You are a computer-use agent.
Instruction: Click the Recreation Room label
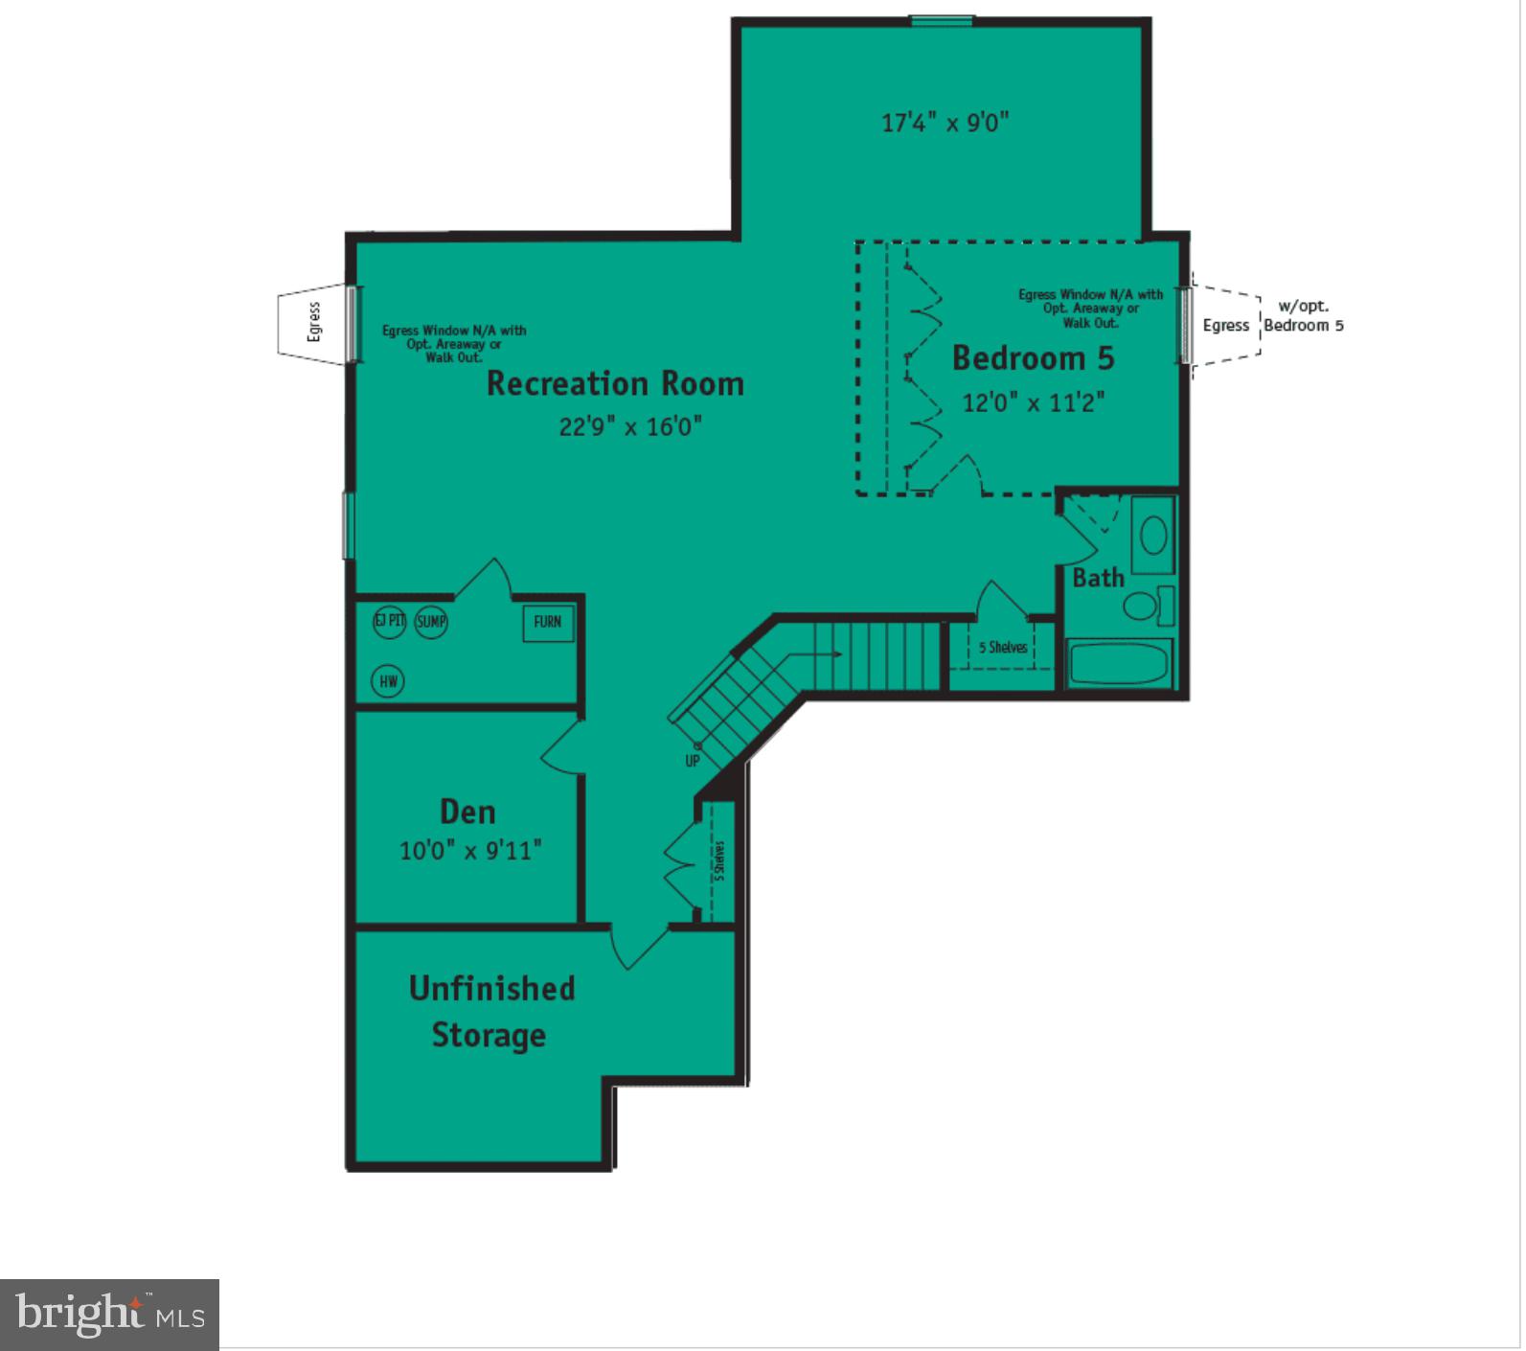(615, 383)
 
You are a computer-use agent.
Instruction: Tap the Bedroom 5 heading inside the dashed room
(1033, 358)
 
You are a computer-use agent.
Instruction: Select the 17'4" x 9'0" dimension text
(945, 123)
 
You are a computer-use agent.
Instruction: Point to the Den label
(467, 812)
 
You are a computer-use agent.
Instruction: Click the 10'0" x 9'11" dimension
(470, 850)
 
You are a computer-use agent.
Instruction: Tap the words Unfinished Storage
(490, 1012)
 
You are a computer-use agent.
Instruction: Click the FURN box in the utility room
(548, 622)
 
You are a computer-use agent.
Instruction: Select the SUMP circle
(431, 622)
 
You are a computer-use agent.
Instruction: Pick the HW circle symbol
(388, 681)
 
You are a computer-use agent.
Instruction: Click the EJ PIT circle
(389, 621)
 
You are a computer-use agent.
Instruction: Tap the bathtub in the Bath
(1119, 663)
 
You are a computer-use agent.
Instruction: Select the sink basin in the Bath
(1153, 536)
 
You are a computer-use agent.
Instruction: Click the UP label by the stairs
(693, 761)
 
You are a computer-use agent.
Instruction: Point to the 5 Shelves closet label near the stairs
(1002, 648)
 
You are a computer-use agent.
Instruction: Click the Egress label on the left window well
(313, 322)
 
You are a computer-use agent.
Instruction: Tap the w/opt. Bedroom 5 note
(1303, 316)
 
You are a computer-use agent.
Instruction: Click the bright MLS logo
(109, 1314)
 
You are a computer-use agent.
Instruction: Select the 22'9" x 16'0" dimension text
(630, 425)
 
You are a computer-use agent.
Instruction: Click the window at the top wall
(942, 20)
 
